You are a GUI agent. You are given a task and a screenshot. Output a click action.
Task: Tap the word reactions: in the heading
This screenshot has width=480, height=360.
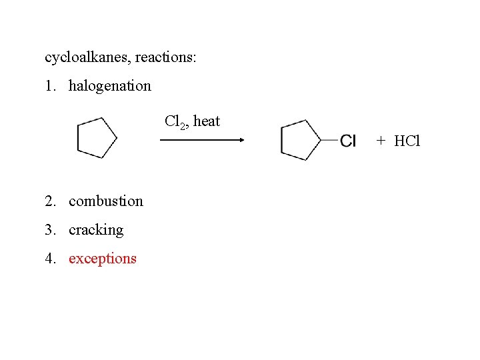[x=165, y=57]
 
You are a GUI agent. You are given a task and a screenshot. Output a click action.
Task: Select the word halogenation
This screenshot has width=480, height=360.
[x=110, y=86]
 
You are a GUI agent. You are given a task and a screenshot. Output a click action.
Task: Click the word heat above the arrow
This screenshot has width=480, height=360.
[x=206, y=121]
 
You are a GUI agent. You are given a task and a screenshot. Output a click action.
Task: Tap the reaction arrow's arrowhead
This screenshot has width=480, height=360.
[x=242, y=140]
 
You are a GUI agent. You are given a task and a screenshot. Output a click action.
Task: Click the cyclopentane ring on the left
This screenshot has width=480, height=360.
[x=96, y=138]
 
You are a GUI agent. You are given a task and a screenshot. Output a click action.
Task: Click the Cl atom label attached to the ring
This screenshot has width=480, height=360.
[x=348, y=141]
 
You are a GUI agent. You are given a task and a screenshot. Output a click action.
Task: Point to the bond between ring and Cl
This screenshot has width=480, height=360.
[x=329, y=140]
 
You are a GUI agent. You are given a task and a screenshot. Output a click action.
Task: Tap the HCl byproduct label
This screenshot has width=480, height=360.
[x=407, y=141]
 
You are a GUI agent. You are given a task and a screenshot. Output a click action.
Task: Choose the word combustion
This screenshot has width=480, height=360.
[x=105, y=201]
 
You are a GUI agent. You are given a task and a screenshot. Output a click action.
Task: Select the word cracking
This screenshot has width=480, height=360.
[x=96, y=230]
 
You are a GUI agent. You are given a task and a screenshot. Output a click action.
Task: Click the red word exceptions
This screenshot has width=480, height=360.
[x=102, y=259]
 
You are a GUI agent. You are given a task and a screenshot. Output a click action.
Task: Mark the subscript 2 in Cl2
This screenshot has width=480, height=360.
[x=180, y=125]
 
